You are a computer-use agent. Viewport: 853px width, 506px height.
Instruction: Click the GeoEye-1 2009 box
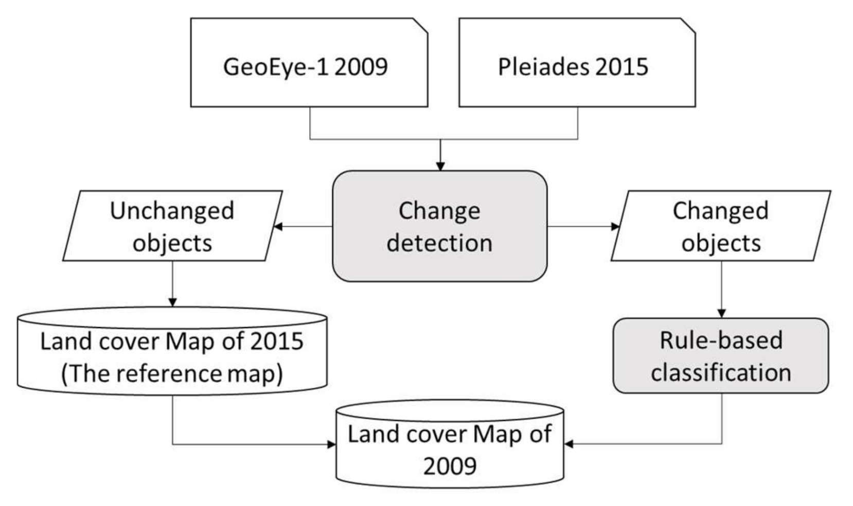pos(309,63)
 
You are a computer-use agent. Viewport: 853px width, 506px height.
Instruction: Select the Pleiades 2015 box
pos(577,63)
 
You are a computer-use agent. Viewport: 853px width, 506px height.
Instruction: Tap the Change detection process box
pos(439,226)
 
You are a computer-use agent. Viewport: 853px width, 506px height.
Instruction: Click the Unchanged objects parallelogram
pos(172,226)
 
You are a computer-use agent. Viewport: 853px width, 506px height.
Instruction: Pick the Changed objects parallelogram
pos(720,226)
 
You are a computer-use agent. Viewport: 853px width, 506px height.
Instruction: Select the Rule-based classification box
pos(720,356)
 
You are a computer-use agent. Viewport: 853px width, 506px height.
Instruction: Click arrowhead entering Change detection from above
pos(440,166)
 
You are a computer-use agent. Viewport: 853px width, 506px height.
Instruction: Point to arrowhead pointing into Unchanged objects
pos(278,226)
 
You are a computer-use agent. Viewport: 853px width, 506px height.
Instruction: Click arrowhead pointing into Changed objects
pos(615,226)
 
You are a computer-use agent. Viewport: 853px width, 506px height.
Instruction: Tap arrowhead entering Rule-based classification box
pos(721,313)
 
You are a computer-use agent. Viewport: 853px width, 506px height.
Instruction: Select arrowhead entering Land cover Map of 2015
pos(172,302)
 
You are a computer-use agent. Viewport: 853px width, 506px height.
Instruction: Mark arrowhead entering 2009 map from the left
pos(332,444)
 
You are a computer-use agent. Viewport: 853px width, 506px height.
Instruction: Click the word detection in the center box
pos(439,243)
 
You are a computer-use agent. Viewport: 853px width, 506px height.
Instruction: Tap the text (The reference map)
pos(172,373)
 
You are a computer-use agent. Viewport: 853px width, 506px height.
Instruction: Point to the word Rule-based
pos(720,340)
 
